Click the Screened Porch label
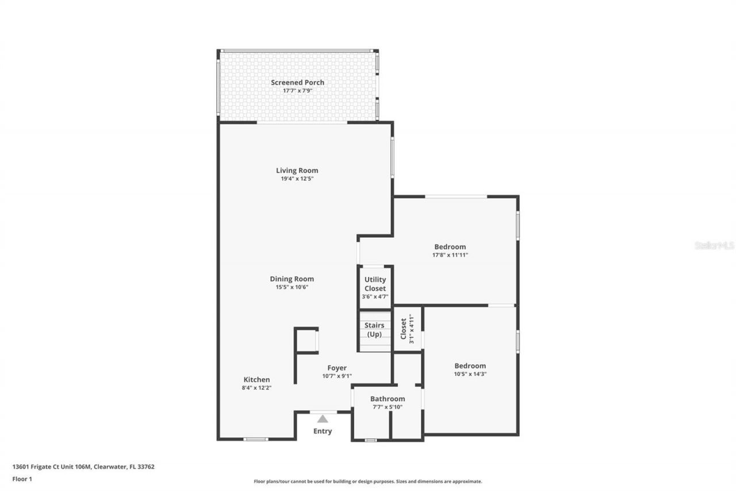point(297,82)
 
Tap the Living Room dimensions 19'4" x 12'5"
point(297,179)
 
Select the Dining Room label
point(292,279)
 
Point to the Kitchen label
point(256,380)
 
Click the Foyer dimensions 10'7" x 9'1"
point(337,376)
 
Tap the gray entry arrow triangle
point(323,419)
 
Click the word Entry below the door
point(323,431)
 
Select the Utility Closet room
point(375,287)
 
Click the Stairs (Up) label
point(374,330)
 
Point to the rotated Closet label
point(404,329)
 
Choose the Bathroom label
point(387,399)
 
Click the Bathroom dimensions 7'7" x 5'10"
point(387,407)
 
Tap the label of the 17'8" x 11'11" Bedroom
point(450,247)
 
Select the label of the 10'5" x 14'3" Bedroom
point(470,366)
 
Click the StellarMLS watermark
point(714,245)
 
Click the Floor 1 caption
point(22,478)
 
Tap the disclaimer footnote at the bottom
point(368,481)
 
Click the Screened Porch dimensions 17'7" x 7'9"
point(297,91)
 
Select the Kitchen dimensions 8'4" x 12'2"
point(256,388)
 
